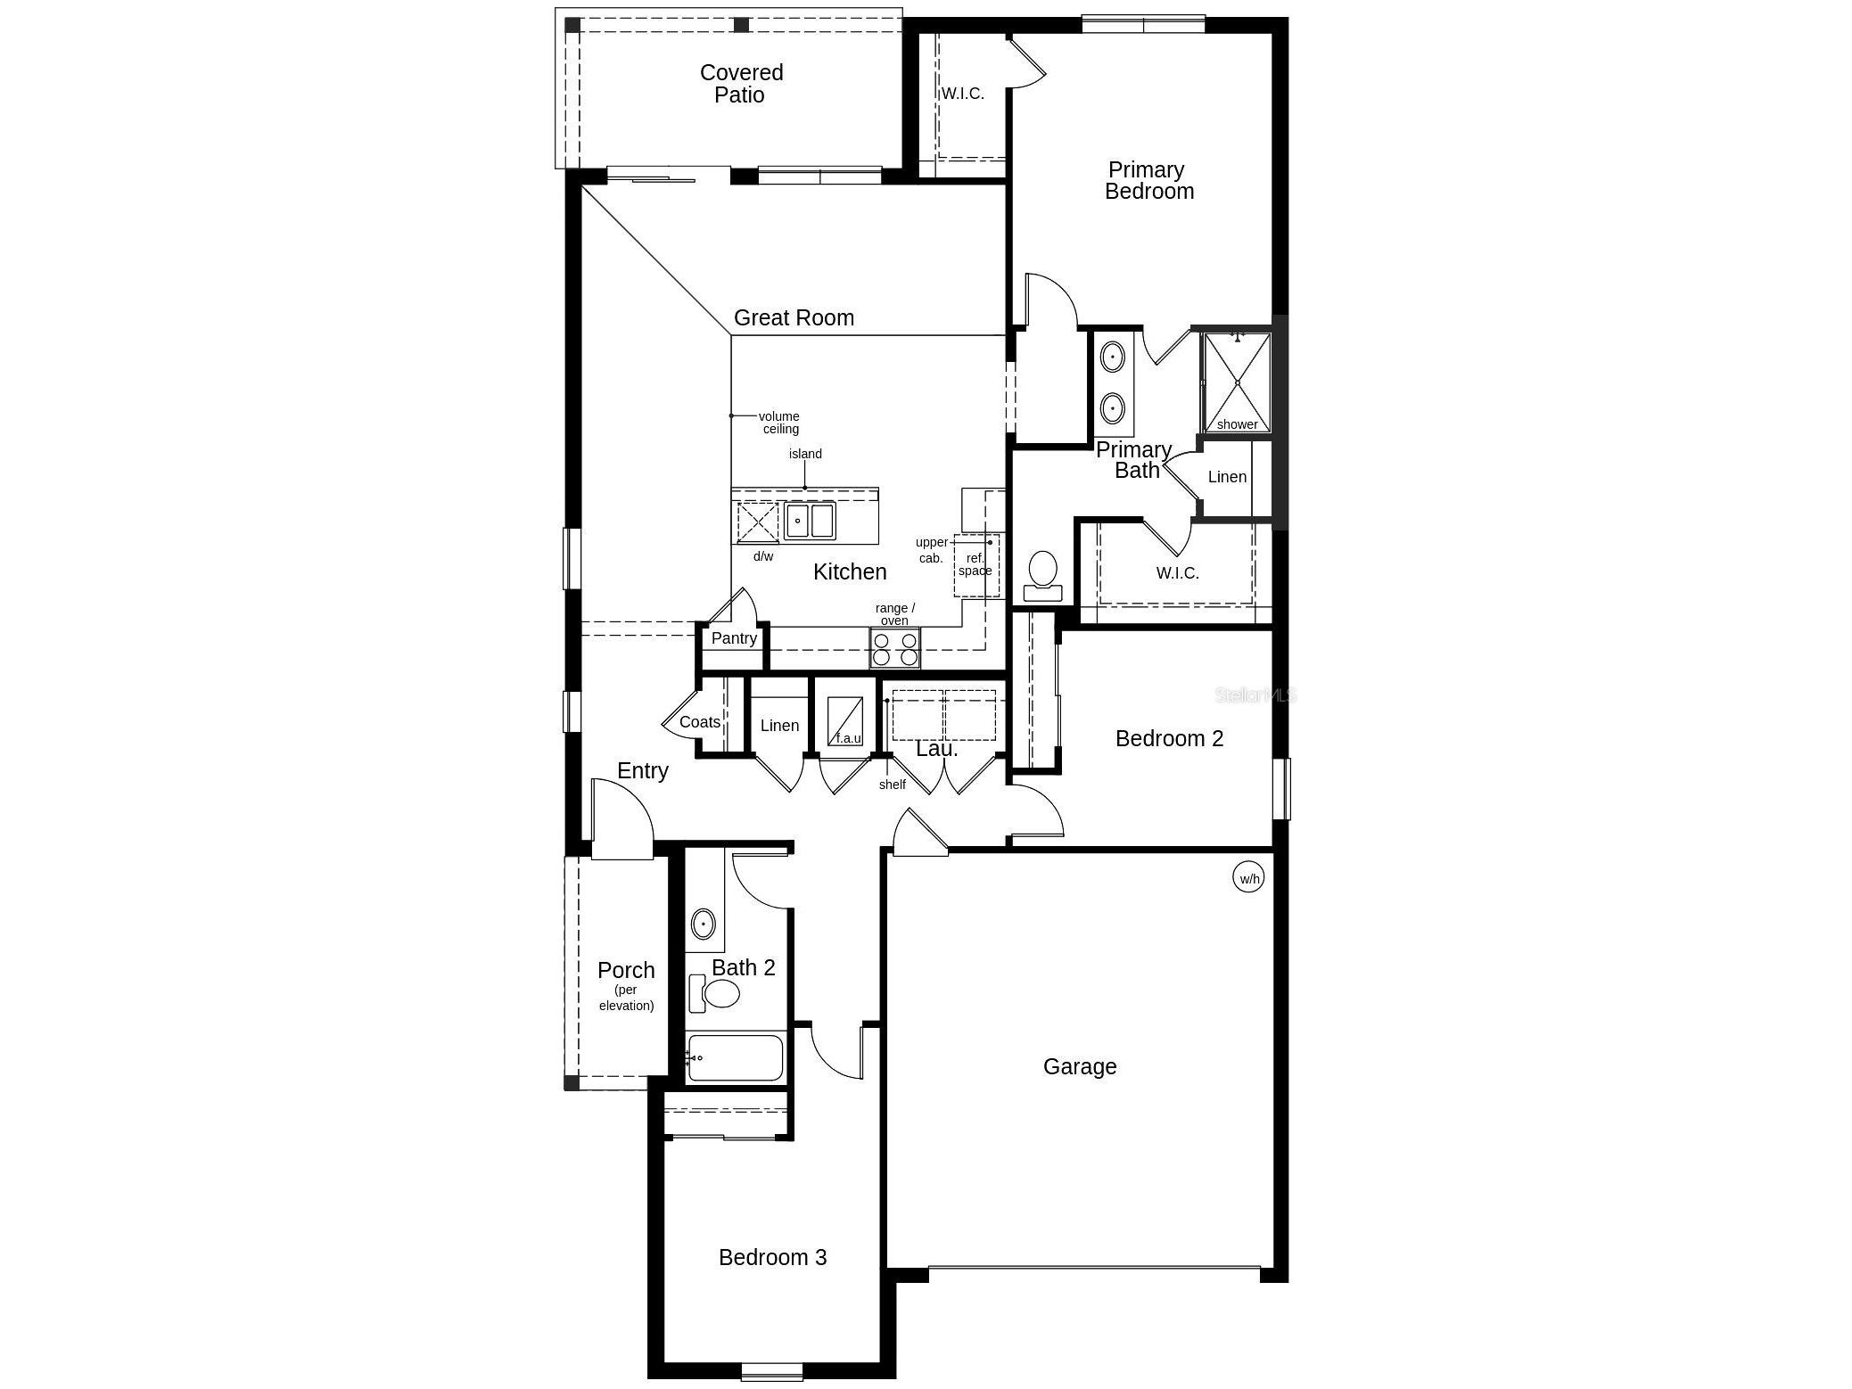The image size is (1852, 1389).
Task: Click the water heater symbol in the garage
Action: tap(1248, 878)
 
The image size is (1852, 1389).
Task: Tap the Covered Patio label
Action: tap(741, 84)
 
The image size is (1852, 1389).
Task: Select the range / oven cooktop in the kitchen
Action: tap(895, 648)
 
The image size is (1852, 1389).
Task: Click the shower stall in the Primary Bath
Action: tap(1237, 382)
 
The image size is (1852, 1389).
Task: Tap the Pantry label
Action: tap(734, 638)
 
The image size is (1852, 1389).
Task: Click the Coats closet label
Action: tap(700, 722)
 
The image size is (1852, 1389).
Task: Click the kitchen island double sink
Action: tap(810, 521)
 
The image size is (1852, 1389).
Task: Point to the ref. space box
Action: tap(976, 565)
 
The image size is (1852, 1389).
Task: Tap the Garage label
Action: tap(1080, 1066)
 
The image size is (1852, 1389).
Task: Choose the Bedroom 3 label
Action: tap(772, 1257)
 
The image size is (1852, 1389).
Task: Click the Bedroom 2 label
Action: tap(1169, 738)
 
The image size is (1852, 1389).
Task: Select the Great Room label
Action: tap(794, 317)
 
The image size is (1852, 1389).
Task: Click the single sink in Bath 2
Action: tap(704, 924)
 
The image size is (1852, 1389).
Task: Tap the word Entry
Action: tap(642, 771)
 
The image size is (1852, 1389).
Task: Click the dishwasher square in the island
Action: tap(757, 522)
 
